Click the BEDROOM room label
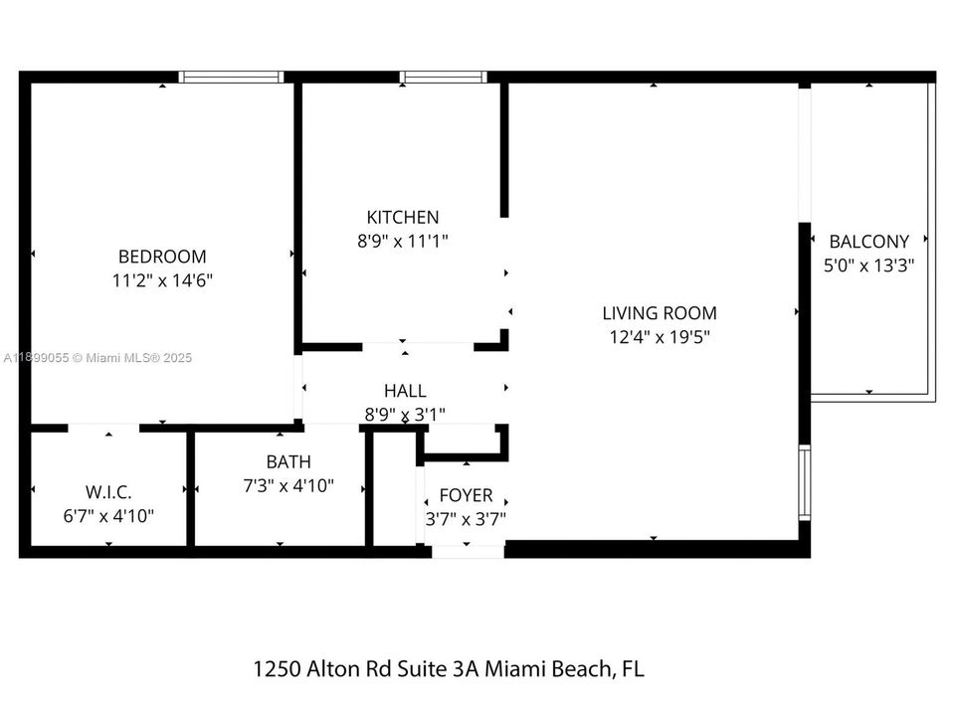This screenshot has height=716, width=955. [162, 256]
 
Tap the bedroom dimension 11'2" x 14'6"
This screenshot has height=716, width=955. [162, 280]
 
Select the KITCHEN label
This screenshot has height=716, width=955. [402, 217]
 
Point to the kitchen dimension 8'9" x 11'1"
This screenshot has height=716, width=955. [402, 241]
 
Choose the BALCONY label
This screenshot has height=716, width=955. [868, 241]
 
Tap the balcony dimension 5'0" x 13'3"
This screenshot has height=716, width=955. [868, 266]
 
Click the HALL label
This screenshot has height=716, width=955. [405, 391]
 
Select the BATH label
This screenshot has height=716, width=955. [287, 461]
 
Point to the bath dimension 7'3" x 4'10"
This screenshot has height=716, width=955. [287, 486]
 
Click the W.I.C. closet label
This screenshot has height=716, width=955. [108, 491]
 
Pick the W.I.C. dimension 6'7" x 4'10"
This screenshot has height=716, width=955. [108, 516]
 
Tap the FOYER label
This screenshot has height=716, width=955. [466, 494]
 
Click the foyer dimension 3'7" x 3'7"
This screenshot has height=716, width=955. [466, 518]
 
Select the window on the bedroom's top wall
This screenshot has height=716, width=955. [231, 77]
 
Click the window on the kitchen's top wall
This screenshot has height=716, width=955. [443, 77]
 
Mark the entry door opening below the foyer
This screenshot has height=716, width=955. [468, 550]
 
